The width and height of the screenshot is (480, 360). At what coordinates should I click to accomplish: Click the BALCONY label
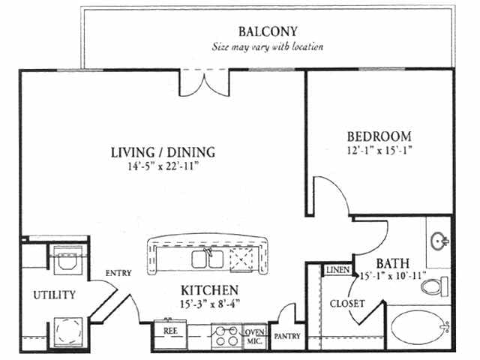[268, 31]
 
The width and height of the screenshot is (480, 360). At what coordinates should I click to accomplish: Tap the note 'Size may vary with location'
[268, 46]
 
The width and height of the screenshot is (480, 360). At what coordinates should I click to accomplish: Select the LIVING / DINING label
[163, 152]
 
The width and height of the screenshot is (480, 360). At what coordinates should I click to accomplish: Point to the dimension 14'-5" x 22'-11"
[163, 166]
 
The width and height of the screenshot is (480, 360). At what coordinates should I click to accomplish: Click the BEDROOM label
[379, 136]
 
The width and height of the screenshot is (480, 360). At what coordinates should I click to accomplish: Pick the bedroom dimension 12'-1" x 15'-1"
[379, 150]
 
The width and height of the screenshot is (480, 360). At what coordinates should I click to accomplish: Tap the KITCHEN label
[210, 290]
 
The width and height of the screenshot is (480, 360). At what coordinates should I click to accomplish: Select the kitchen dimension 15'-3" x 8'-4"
[210, 304]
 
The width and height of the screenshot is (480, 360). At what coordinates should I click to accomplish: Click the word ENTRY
[118, 273]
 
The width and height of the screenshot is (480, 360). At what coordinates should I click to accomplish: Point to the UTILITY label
[55, 295]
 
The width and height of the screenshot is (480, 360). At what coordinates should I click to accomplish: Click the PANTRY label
[287, 336]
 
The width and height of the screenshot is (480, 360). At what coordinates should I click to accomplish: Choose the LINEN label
[338, 270]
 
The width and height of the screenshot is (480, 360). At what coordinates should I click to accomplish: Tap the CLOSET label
[347, 303]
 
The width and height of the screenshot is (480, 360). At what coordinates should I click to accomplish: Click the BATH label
[393, 263]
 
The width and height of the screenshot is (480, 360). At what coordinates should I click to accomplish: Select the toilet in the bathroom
[434, 286]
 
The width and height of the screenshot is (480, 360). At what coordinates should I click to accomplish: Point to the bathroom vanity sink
[439, 241]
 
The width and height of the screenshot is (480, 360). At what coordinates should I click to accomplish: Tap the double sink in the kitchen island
[208, 259]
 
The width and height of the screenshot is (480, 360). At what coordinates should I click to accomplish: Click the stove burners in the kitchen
[226, 336]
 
